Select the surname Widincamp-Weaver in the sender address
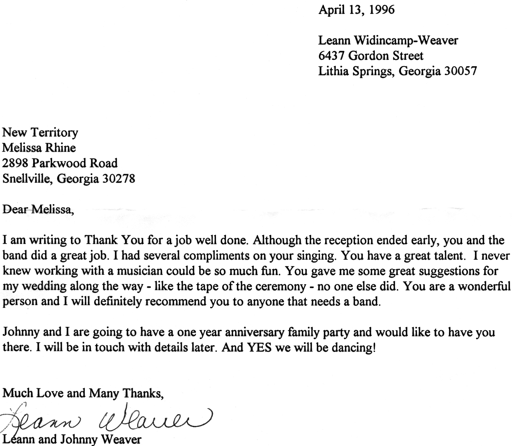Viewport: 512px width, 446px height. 406,40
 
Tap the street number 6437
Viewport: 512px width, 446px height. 331,56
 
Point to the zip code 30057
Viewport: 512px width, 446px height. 461,71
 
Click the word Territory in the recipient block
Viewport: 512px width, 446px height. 55,133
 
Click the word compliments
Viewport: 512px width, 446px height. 214,256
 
